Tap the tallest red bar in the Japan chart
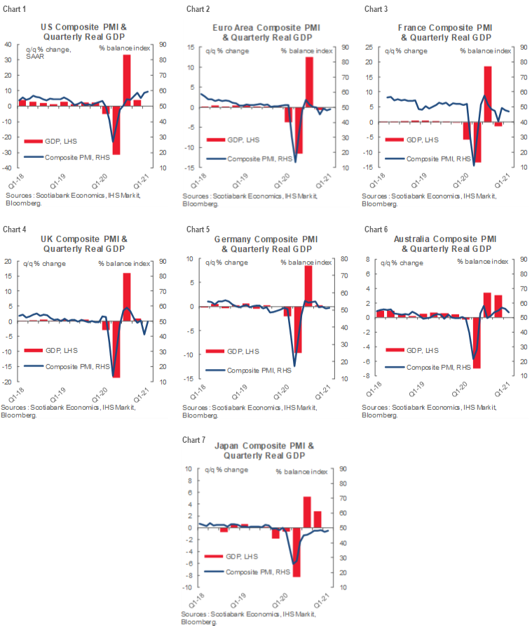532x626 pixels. tap(307, 512)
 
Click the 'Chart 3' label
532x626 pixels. tap(374, 9)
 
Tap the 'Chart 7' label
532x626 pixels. tap(193, 440)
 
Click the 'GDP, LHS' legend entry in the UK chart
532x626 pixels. tap(59, 350)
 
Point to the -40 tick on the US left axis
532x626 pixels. tap(8, 168)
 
